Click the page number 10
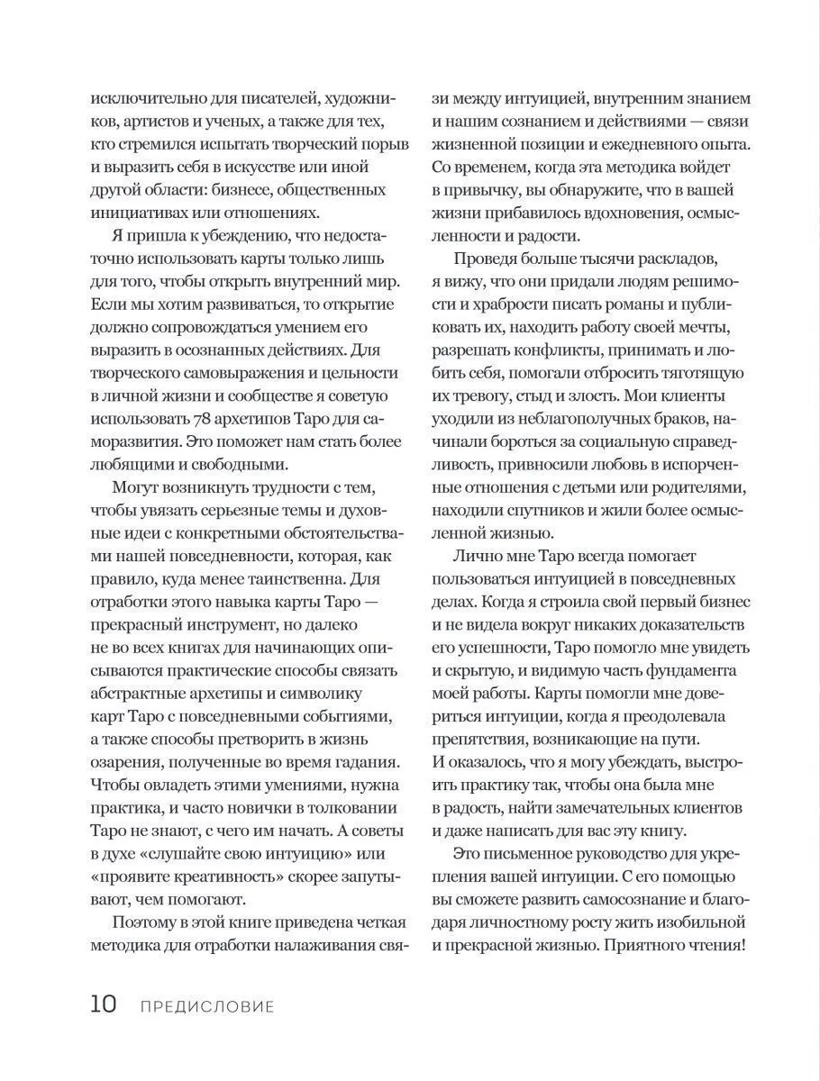[x=103, y=1004]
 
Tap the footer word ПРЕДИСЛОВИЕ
[x=207, y=1006]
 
